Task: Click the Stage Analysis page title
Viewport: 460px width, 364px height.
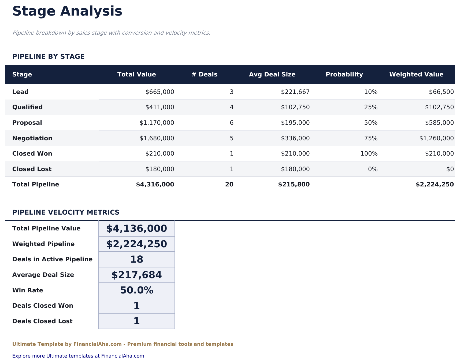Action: (67, 12)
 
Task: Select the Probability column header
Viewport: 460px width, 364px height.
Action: (344, 74)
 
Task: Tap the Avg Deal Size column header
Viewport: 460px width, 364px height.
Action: (272, 74)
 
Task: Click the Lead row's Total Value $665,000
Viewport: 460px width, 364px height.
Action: (160, 92)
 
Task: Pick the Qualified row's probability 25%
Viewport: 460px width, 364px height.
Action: (371, 107)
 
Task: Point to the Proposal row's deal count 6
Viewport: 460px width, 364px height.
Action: (232, 123)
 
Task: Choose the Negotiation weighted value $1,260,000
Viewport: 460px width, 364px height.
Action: (436, 138)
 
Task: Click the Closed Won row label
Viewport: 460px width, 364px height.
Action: (32, 154)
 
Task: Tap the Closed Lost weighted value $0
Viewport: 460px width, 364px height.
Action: (450, 169)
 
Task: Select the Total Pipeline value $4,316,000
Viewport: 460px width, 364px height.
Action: (155, 185)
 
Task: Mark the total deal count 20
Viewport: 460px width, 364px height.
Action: (229, 185)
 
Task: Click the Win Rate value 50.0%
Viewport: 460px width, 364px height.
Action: (137, 291)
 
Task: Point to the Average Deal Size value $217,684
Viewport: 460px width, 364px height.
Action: (137, 275)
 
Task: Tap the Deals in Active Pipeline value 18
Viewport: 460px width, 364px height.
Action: (137, 259)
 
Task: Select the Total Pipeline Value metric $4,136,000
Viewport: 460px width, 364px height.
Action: (137, 229)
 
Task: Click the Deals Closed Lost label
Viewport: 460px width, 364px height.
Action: (42, 321)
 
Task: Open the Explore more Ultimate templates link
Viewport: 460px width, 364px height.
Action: (78, 356)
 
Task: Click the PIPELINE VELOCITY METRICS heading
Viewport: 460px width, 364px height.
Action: (66, 212)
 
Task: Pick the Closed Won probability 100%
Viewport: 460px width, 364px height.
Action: (369, 154)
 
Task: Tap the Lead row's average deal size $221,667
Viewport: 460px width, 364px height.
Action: (295, 92)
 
